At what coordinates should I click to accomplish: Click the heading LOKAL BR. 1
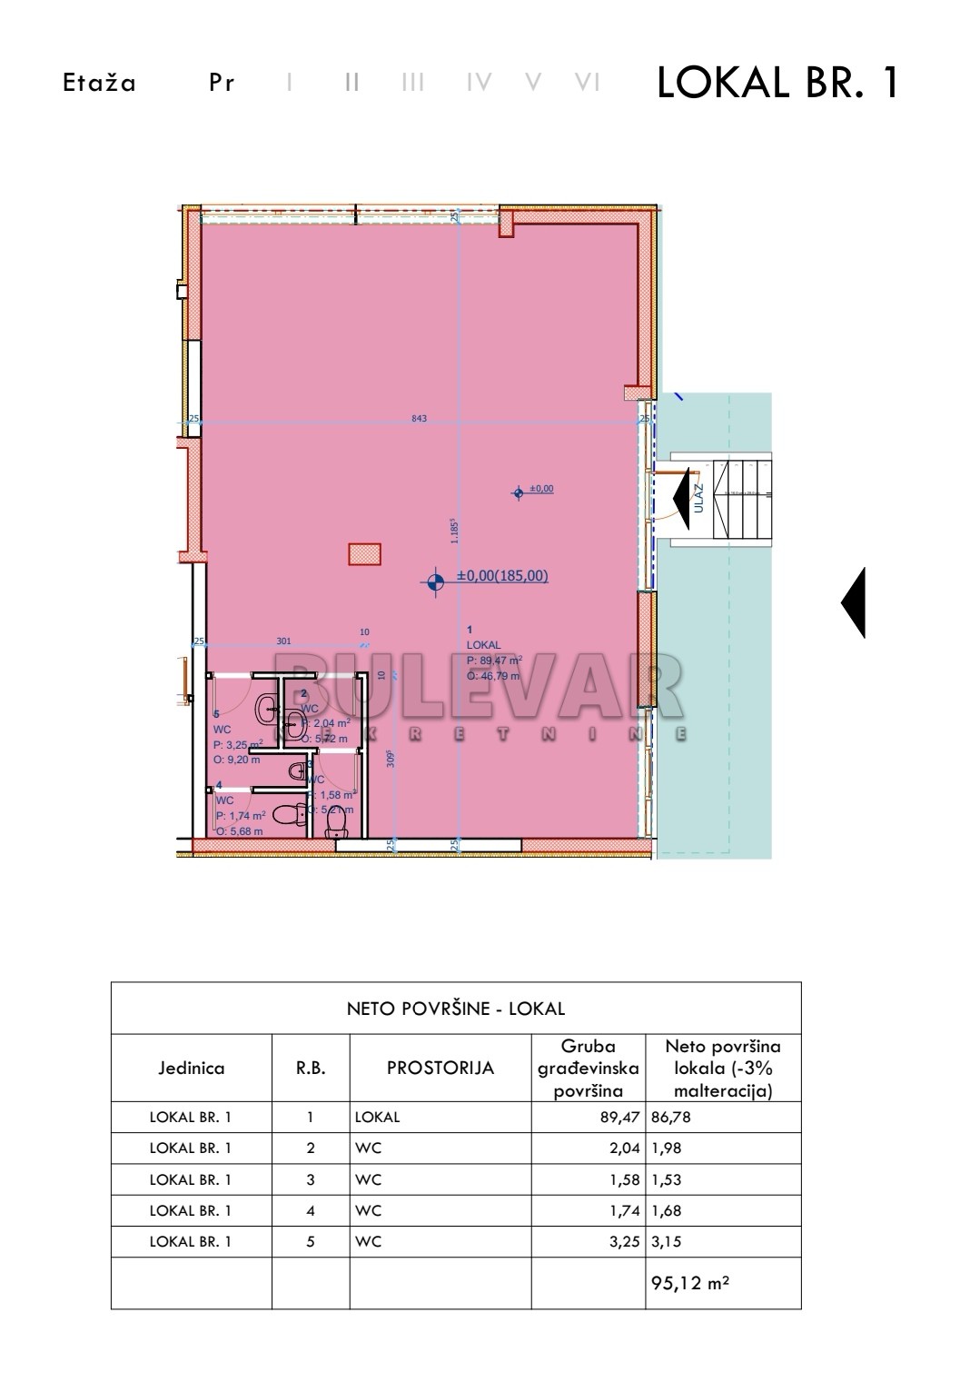[x=777, y=83]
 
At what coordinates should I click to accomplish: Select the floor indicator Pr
[x=222, y=83]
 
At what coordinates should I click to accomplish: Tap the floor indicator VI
[x=588, y=83]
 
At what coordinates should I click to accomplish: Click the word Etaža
[x=100, y=83]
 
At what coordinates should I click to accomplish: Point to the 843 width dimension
[x=419, y=419]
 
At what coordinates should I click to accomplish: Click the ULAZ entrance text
[x=698, y=498]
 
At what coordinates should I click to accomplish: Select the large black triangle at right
[x=854, y=602]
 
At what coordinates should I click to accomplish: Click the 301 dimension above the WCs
[x=283, y=641]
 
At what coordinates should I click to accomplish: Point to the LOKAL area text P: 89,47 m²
[x=494, y=661]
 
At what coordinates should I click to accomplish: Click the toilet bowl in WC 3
[x=337, y=822]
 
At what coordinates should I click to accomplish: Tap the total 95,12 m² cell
[x=688, y=1283]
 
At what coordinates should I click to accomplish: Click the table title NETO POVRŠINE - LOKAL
[x=456, y=1008]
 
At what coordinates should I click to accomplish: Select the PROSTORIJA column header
[x=440, y=1068]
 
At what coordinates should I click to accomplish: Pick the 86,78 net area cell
[x=671, y=1117]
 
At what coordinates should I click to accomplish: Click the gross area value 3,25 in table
[x=625, y=1240]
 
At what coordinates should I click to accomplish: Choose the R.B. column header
[x=311, y=1068]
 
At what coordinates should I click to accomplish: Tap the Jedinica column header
[x=192, y=1068]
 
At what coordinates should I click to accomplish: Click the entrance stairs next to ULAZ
[x=742, y=499]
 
